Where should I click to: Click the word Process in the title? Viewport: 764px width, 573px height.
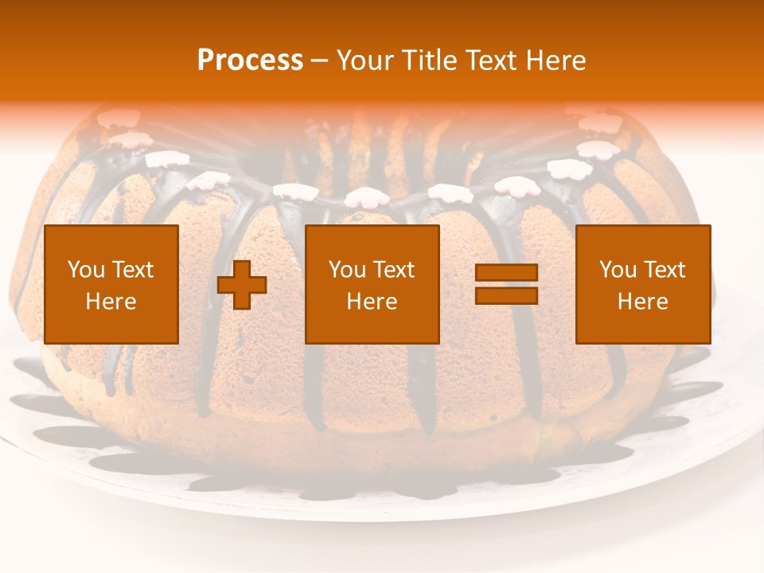pyautogui.click(x=250, y=60)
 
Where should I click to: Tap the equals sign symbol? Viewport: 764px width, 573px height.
pyautogui.click(x=506, y=284)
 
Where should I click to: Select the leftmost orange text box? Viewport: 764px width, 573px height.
pyautogui.click(x=111, y=284)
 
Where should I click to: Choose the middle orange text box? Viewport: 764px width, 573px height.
pyautogui.click(x=372, y=284)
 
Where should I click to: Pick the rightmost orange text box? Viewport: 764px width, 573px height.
pyautogui.click(x=643, y=284)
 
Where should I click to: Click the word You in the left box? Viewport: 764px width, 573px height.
pyautogui.click(x=86, y=270)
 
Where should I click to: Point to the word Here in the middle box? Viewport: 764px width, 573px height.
pyautogui.click(x=372, y=302)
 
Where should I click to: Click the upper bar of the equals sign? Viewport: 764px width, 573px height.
pyautogui.click(x=506, y=273)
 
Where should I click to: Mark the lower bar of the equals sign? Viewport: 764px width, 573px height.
pyautogui.click(x=506, y=295)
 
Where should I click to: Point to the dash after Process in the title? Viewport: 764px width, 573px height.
pyautogui.click(x=320, y=61)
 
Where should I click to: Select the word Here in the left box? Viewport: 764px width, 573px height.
pyautogui.click(x=111, y=302)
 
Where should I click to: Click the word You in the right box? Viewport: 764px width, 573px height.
pyautogui.click(x=618, y=270)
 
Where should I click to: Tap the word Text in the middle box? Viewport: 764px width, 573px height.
pyautogui.click(x=396, y=270)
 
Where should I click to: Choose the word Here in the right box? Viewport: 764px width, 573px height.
pyautogui.click(x=643, y=302)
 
